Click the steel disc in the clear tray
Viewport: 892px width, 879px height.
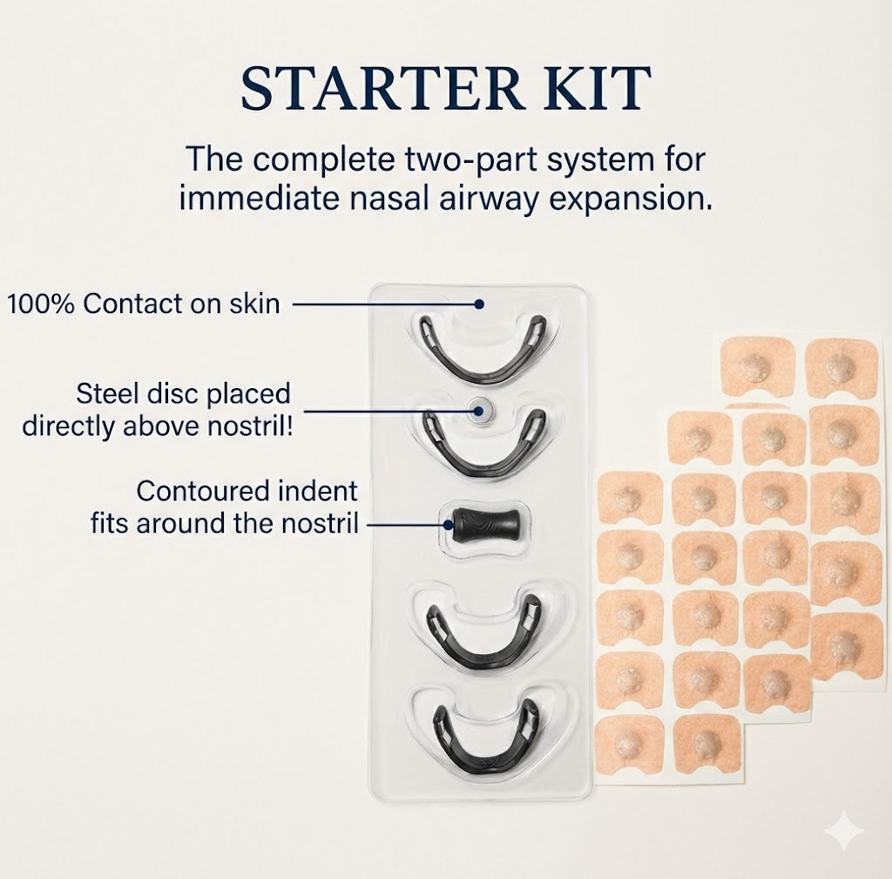click(x=477, y=407)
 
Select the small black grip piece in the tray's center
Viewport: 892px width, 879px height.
click(x=484, y=523)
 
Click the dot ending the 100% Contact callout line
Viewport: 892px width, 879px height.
click(x=478, y=303)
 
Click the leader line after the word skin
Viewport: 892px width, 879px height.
click(x=383, y=303)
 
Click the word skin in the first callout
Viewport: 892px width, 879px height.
click(x=258, y=303)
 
